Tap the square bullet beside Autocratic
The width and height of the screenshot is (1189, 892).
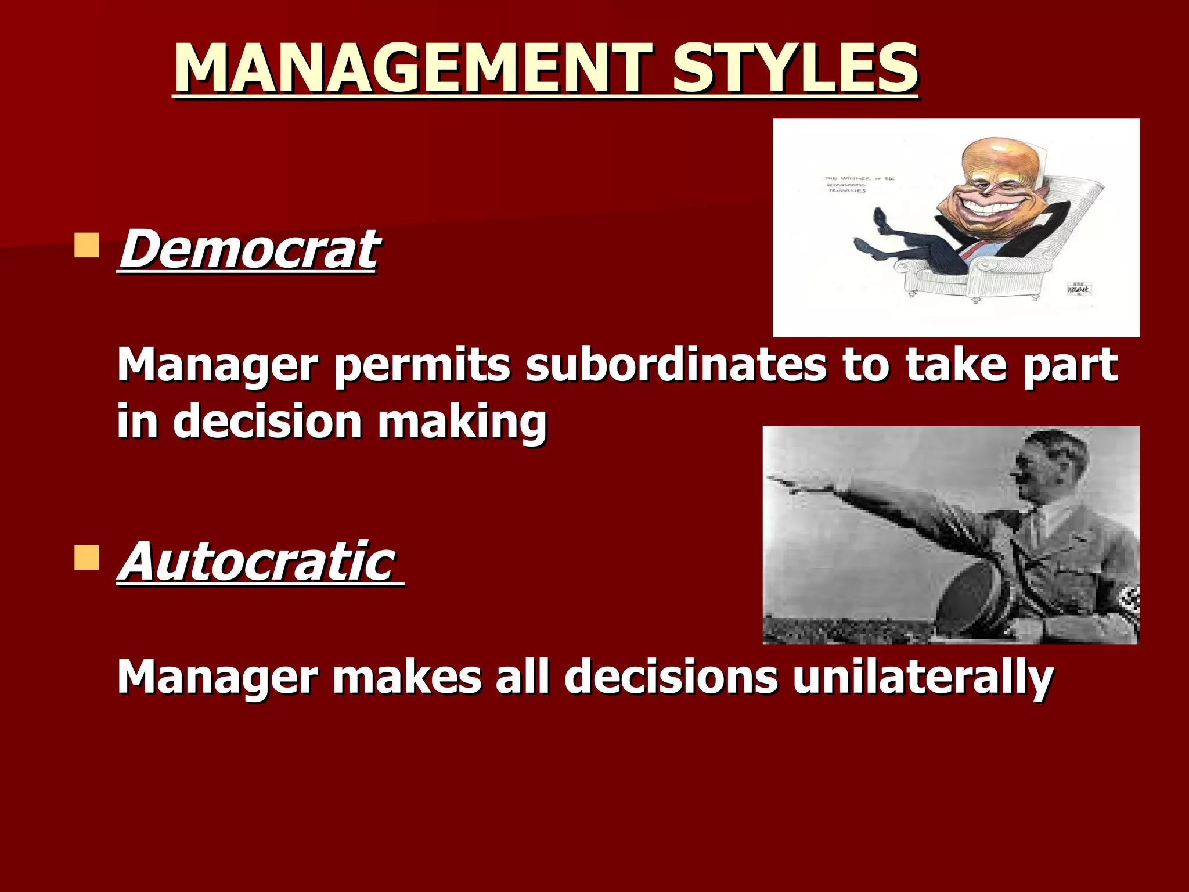tap(87, 557)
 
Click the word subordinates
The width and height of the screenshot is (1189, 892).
tap(676, 366)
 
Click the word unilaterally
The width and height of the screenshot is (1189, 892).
tap(923, 677)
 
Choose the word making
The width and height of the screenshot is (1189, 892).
tap(462, 422)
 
